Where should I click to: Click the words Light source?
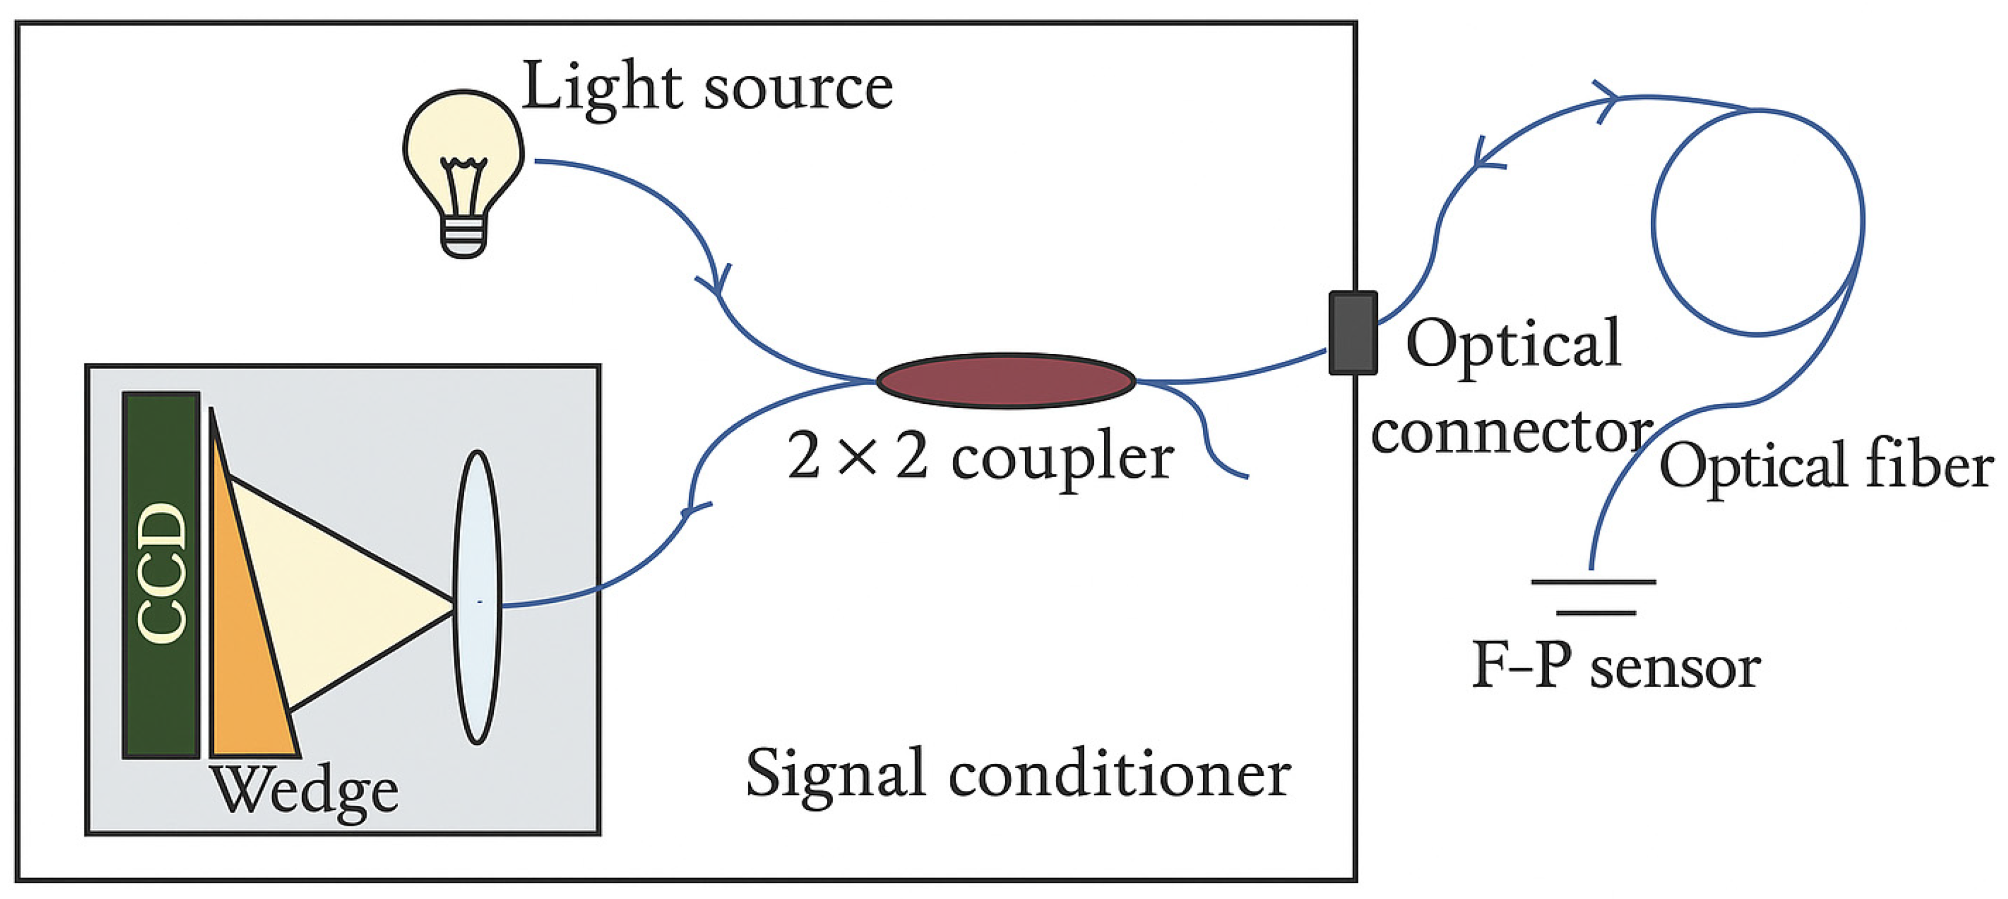click(x=707, y=87)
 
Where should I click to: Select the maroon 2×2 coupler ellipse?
click(x=1006, y=381)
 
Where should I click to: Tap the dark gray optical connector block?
click(x=1352, y=333)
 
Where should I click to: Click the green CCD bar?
click(x=161, y=575)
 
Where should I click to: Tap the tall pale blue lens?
click(x=477, y=597)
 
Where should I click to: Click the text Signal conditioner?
click(x=1018, y=774)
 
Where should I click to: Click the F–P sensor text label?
click(x=1615, y=667)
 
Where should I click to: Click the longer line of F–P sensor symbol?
click(x=1593, y=582)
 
